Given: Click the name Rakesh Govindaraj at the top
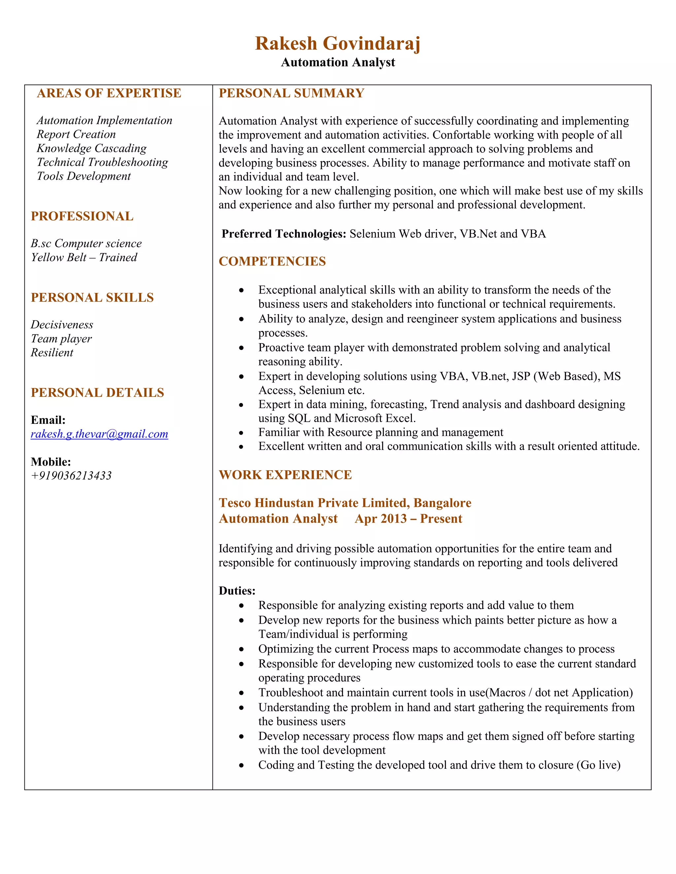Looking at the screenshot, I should (338, 44).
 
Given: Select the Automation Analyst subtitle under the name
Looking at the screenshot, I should (338, 62).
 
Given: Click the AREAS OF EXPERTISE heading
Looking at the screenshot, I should (109, 93).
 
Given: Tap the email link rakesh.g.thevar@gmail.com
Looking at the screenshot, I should (99, 434).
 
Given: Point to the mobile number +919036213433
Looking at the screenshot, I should (71, 476).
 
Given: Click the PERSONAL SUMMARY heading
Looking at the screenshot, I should (291, 93).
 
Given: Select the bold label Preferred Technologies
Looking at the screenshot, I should (284, 234).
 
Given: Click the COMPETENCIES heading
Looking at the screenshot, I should (272, 261).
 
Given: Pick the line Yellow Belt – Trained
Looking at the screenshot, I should (84, 258).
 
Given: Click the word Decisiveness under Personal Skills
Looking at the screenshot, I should (62, 325).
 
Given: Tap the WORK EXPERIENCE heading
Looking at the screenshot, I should (285, 475).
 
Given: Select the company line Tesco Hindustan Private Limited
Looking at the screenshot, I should (345, 503).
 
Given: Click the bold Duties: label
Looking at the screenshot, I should (237, 591).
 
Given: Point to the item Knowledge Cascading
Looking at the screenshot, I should (92, 148).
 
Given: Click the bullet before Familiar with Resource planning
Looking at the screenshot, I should (241, 433).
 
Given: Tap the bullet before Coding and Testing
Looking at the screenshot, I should (241, 765).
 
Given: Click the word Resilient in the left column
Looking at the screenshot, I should (52, 353).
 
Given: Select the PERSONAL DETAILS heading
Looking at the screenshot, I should (97, 392).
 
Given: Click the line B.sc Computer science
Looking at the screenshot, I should (86, 244).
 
